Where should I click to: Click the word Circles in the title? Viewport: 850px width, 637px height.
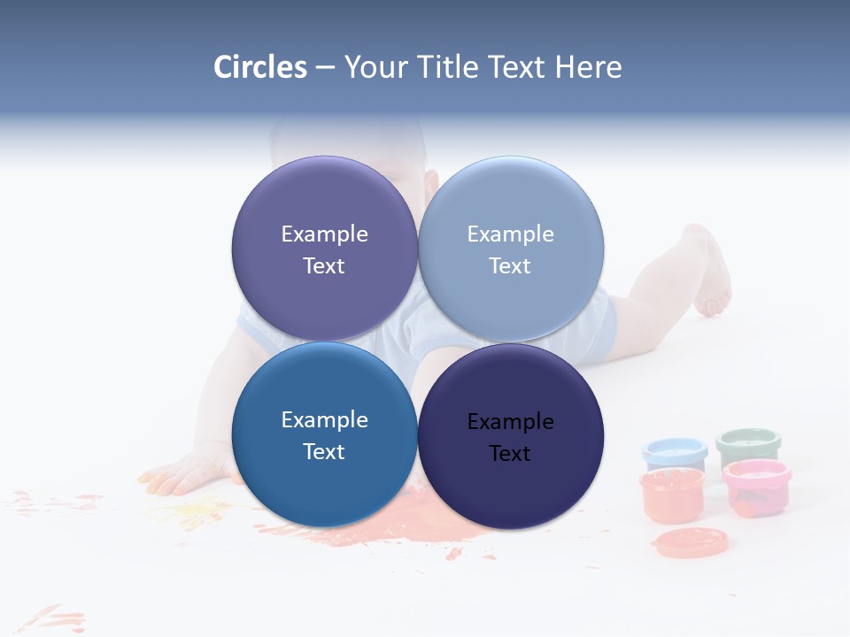259,67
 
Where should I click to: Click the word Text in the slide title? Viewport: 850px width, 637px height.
518,67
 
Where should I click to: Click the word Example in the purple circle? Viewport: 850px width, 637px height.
324,234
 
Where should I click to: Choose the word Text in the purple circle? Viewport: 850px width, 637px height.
324,265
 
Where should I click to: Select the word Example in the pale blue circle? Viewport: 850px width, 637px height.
510,234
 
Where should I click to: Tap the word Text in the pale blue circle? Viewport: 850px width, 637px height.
510,265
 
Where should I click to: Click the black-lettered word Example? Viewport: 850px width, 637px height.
510,421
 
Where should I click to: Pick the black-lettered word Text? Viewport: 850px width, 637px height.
510,453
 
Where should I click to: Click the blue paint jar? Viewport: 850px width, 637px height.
675,453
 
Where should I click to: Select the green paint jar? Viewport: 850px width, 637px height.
748,445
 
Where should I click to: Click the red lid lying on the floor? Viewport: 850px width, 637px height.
691,541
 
